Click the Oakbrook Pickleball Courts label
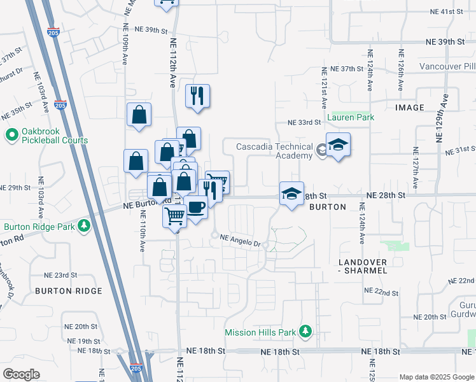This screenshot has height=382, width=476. click(x=48, y=136)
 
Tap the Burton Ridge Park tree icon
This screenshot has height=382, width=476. click(x=83, y=226)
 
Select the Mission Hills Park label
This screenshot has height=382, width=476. click(x=261, y=332)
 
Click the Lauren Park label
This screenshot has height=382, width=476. click(x=351, y=117)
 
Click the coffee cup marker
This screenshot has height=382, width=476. click(x=196, y=206)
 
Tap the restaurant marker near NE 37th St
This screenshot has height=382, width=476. click(x=197, y=96)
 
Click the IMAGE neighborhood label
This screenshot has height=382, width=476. click(x=409, y=108)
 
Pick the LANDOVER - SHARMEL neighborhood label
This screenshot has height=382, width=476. click(x=362, y=266)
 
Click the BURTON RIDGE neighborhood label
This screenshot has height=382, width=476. click(x=69, y=291)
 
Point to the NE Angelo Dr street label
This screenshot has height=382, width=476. click(x=241, y=239)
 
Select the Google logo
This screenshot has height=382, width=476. click(x=20, y=374)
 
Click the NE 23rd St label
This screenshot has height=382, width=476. click(x=60, y=275)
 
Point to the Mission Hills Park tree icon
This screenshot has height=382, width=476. click(x=305, y=332)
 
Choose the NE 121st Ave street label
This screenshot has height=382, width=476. click(x=324, y=87)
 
